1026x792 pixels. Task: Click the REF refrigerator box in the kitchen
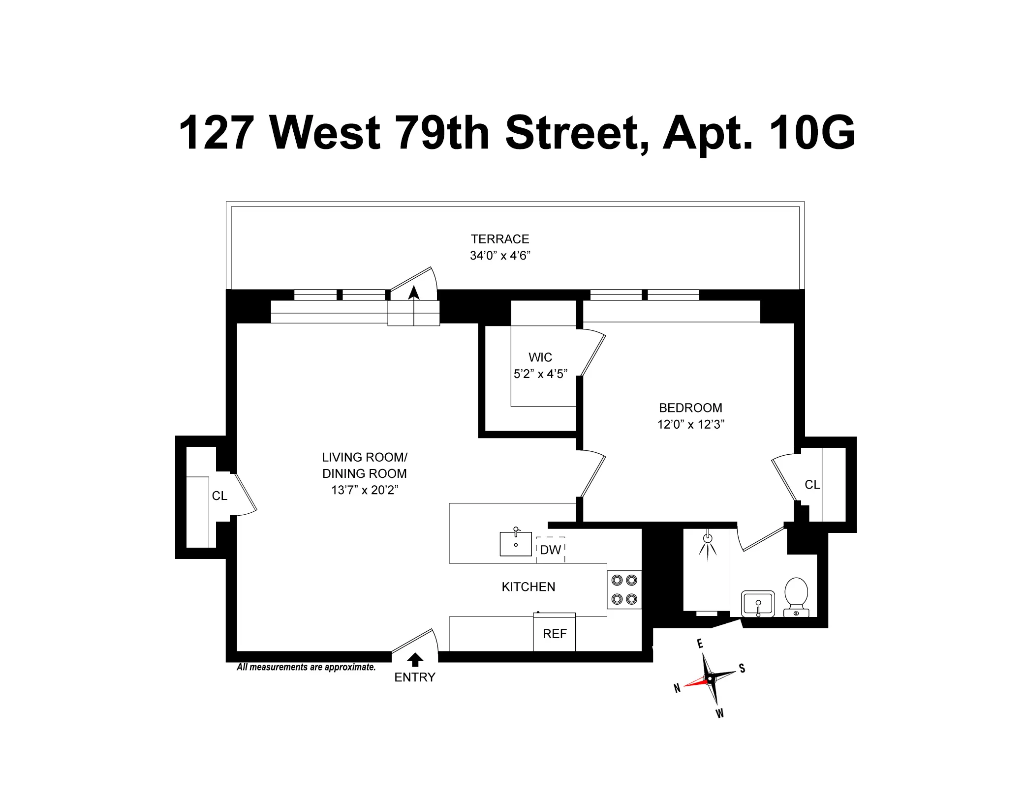coord(555,633)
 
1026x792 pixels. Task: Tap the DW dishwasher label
coord(550,550)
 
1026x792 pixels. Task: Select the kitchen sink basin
coord(516,544)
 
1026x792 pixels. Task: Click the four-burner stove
coord(624,589)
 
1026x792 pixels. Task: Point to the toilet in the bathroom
coord(796,596)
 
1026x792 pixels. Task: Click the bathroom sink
coord(758,603)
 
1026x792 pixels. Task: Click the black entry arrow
coord(415,660)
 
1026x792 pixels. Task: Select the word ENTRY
coord(415,677)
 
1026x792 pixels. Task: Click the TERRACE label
coord(500,239)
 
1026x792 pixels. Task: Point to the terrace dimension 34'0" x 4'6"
coord(500,256)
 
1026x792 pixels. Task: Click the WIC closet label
coord(540,357)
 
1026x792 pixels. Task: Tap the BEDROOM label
coord(690,408)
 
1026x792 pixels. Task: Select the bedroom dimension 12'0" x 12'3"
coord(690,425)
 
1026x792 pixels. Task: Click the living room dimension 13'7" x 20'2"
coord(365,490)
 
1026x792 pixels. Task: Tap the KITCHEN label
coord(529,587)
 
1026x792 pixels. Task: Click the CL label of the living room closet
coord(219,496)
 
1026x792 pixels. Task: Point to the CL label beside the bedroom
coord(812,485)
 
